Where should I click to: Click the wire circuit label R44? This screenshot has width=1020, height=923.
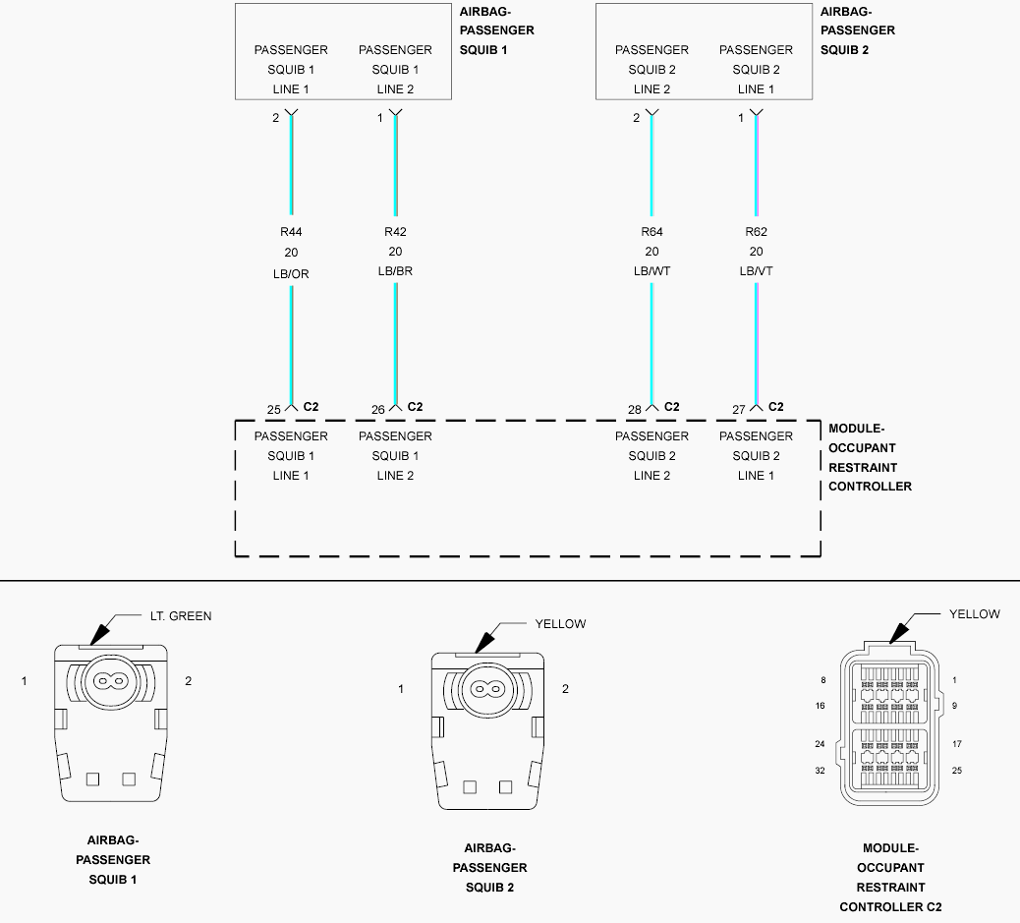pos(291,232)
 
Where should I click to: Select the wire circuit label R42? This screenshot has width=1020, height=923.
pos(395,232)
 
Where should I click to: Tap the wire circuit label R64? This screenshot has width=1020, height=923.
pos(652,232)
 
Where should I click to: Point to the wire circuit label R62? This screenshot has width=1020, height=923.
pos(756,232)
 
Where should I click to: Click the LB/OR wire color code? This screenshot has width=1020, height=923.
pos(291,274)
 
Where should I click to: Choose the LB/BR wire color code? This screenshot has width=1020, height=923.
pos(395,270)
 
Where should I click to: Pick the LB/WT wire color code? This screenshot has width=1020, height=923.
pos(652,270)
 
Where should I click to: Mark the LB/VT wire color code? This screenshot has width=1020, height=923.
pos(756,270)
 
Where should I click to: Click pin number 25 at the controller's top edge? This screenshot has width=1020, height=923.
pos(274,410)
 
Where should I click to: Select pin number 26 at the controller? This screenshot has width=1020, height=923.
pos(378,410)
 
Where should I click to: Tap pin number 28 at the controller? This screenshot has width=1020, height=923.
pos(634,410)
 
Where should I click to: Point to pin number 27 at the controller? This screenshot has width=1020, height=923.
pos(738,410)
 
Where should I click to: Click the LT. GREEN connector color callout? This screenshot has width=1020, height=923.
pos(181,615)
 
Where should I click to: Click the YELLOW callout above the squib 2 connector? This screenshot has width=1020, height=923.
pos(560,623)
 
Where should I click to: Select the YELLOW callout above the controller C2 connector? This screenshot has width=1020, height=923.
pos(975,613)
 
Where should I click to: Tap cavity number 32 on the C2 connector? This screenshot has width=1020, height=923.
pos(820,771)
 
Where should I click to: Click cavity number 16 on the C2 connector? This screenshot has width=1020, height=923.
pos(820,706)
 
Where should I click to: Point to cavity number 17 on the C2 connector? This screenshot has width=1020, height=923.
pos(957,744)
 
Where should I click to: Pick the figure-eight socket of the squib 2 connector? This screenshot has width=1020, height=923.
pos(487,689)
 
